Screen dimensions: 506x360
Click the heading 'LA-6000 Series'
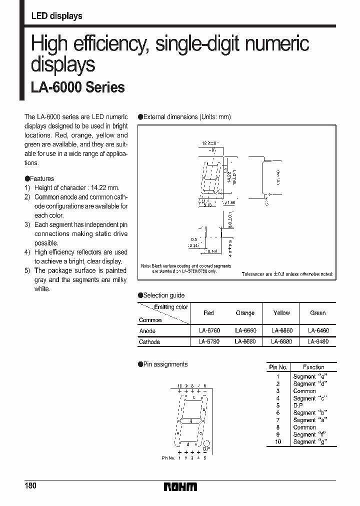(77, 87)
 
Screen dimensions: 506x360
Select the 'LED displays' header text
(56, 16)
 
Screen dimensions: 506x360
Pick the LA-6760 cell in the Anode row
(208, 331)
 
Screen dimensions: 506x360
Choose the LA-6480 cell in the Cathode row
(317, 342)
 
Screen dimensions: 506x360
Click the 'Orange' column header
(245, 313)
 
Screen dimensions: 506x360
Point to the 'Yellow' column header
(281, 313)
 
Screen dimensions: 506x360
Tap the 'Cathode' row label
(149, 342)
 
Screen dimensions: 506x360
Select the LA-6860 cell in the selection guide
(281, 331)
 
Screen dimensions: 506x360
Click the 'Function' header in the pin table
(313, 367)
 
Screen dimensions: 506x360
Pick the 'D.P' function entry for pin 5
(298, 405)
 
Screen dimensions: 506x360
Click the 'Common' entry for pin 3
(304, 391)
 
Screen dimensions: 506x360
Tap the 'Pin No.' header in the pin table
(278, 367)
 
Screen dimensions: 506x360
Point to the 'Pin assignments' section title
(165, 364)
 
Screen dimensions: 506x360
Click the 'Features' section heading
(42, 178)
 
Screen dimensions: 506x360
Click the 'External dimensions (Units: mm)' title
(187, 116)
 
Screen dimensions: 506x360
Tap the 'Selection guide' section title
(164, 295)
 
